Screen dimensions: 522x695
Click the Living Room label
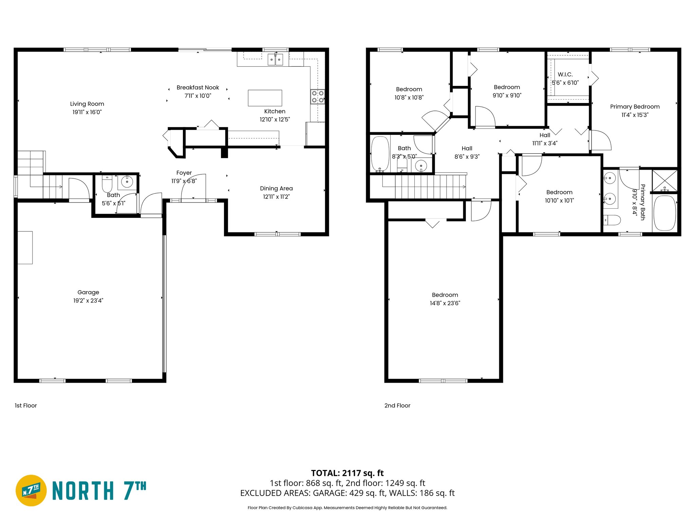tap(87, 104)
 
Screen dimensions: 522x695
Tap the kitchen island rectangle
tap(265, 98)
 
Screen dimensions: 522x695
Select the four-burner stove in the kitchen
tap(318, 97)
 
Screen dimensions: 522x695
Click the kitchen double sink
tap(275, 59)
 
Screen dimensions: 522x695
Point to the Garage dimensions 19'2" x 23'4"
tap(88, 300)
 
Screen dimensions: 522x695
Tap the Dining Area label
tap(276, 188)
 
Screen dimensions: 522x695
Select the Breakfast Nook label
tap(198, 88)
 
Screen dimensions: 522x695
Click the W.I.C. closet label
tap(565, 74)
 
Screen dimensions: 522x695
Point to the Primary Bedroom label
tap(635, 107)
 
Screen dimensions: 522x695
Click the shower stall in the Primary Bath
tap(664, 181)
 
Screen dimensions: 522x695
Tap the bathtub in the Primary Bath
tap(664, 213)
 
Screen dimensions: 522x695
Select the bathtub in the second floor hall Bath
tap(380, 154)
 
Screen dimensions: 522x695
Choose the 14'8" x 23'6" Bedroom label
tap(445, 295)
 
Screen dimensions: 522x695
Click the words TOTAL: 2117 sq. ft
tap(347, 473)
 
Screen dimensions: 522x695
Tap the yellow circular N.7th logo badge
tap(31, 490)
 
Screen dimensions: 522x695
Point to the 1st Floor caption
tap(26, 405)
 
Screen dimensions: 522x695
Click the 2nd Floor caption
tap(397, 405)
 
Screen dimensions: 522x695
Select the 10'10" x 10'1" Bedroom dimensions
tap(559, 201)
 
